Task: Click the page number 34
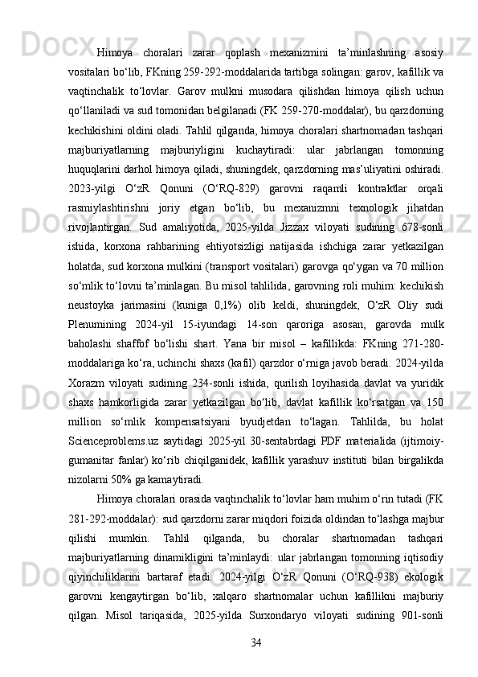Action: [256, 642]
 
